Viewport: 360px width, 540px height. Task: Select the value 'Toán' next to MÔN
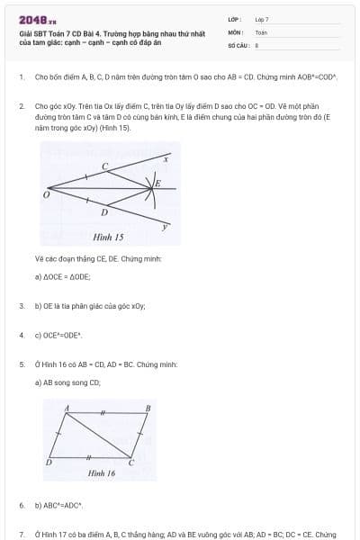point(261,31)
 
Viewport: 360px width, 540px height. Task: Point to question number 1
point(22,77)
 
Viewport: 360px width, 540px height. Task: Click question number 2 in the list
point(22,105)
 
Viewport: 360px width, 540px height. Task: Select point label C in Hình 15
point(104,166)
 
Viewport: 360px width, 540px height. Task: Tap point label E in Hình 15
point(158,184)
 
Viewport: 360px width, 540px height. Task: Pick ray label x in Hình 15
point(165,159)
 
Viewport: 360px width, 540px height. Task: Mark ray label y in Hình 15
point(165,227)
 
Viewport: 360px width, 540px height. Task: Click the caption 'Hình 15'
point(108,238)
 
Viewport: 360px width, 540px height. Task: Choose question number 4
point(22,335)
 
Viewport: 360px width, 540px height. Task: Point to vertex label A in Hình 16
point(67,409)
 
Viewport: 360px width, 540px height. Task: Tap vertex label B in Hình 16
point(148,409)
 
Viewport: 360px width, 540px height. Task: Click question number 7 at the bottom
point(22,535)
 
